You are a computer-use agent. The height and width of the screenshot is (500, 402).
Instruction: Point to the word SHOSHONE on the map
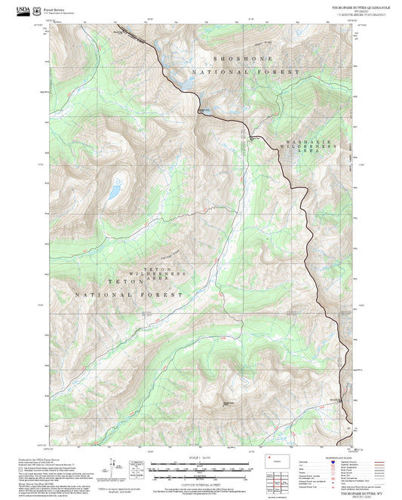coord(241,58)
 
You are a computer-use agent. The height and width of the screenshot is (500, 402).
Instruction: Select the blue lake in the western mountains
coord(114,190)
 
